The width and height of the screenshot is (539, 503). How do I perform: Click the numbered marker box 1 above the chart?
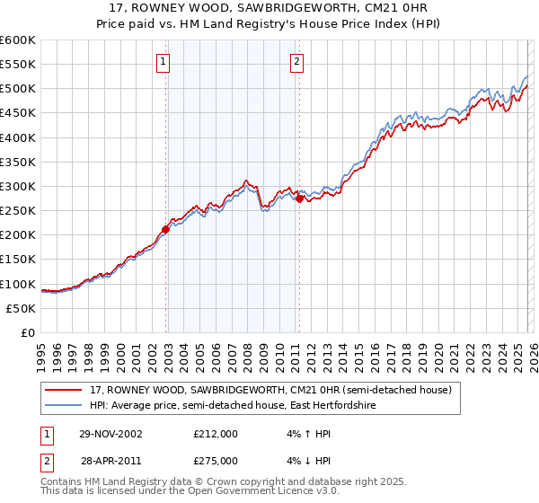click(x=163, y=62)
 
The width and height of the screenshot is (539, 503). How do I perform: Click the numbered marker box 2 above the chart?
click(x=296, y=62)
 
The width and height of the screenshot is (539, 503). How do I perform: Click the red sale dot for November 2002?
click(x=166, y=229)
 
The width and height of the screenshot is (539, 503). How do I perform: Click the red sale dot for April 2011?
click(x=299, y=199)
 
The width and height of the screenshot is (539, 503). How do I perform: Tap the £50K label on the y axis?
click(x=21, y=308)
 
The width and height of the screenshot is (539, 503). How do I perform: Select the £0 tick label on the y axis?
click(x=27, y=332)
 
